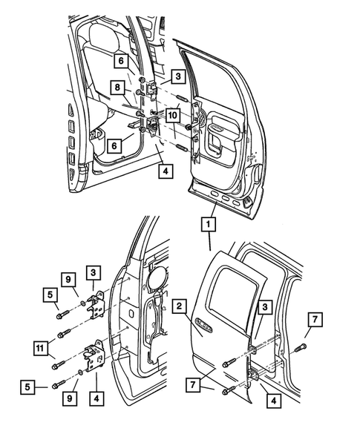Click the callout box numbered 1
(209, 223)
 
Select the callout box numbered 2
(179, 305)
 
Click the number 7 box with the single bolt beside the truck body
(315, 321)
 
